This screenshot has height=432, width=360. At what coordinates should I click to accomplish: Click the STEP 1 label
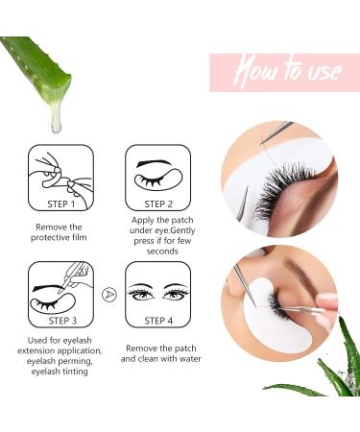point(60,204)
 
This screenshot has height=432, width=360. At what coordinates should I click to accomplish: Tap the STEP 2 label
point(158,204)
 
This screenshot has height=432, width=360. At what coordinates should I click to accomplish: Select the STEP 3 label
point(62,321)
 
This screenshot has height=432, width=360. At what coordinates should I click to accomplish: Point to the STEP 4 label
point(158,321)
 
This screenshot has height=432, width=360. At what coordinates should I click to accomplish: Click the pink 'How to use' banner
point(285,73)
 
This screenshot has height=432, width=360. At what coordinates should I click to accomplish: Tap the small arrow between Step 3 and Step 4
point(109,294)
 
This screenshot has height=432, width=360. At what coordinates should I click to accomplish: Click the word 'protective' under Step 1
point(47,238)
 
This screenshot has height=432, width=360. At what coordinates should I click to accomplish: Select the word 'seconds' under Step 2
point(162,252)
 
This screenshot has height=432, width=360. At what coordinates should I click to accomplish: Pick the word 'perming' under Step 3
point(77,361)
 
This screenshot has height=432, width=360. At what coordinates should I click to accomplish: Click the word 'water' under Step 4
point(190,359)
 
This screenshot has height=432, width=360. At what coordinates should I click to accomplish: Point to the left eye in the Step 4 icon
point(141,294)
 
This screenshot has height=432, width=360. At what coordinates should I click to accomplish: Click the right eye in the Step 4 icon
point(175,294)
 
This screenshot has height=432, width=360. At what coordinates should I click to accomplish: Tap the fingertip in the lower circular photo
point(326,301)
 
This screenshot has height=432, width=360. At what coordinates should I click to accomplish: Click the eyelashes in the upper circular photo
point(281,189)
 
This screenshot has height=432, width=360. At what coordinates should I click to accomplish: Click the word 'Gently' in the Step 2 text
point(183,230)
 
